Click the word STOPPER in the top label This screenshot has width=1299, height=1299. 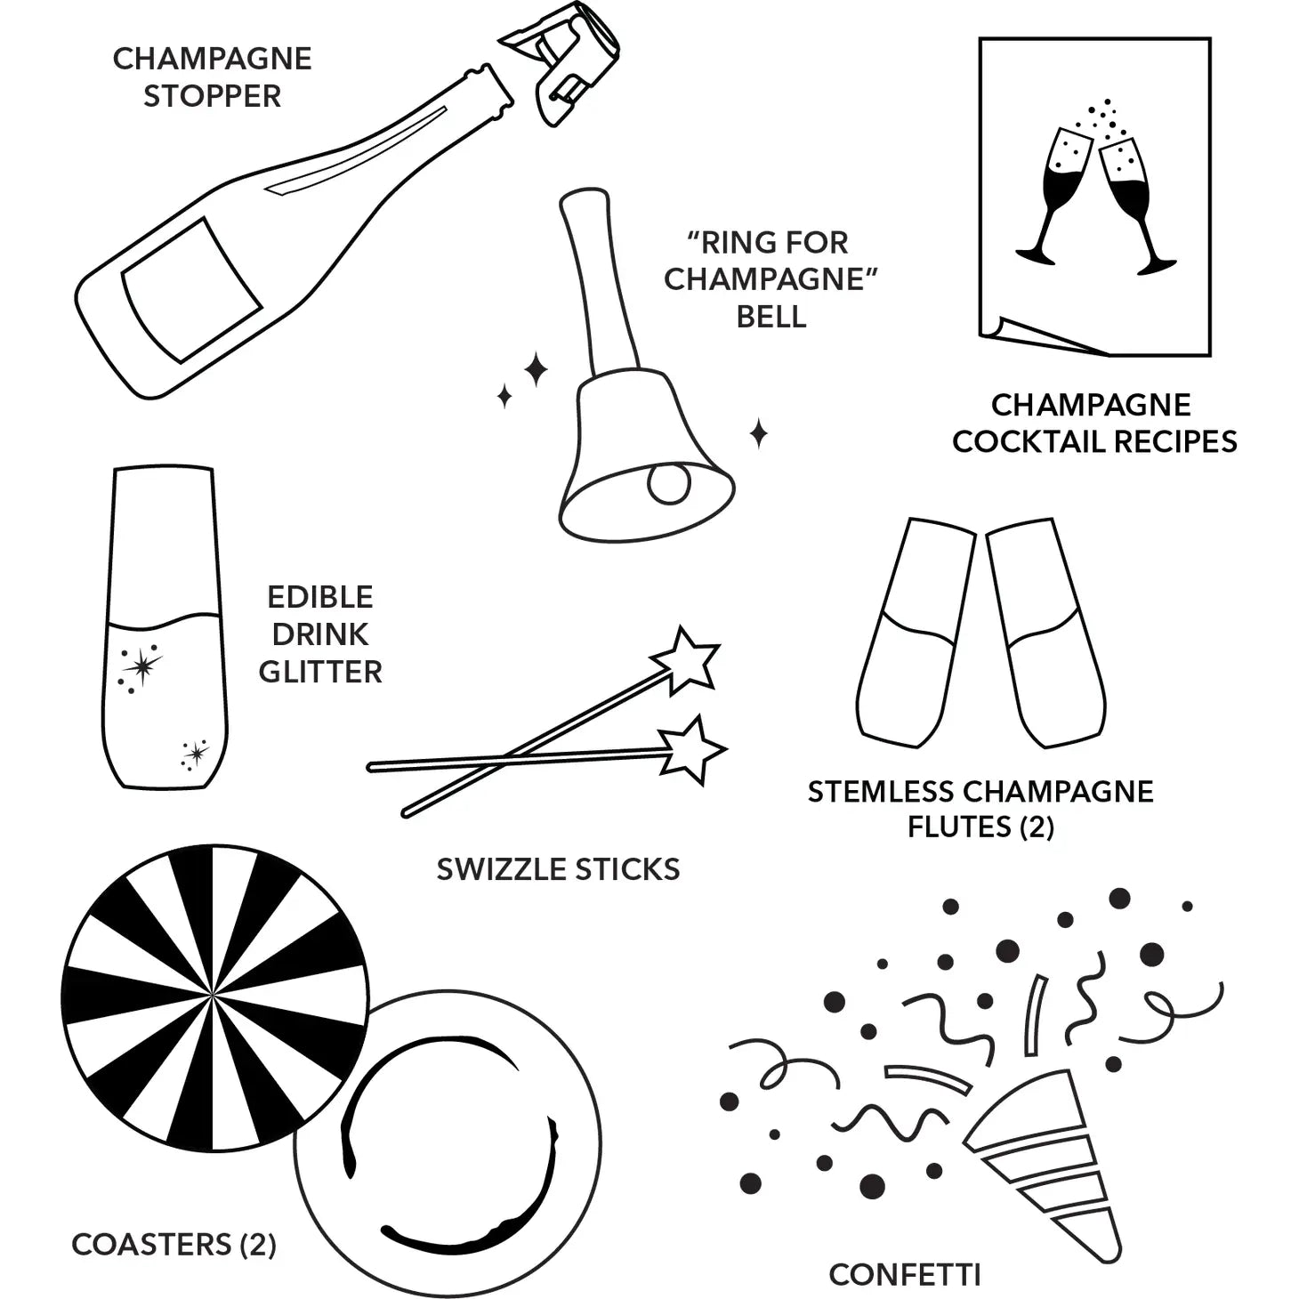point(212,96)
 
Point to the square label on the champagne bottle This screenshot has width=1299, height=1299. point(191,289)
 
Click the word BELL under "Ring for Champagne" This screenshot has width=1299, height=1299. point(771,317)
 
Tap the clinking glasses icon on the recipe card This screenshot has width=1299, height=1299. point(1094,196)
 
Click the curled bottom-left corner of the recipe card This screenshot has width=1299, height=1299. point(1001,331)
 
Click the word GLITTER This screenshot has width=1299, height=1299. point(320,672)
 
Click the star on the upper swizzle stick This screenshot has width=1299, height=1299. point(686,660)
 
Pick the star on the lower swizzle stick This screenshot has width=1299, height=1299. point(690,749)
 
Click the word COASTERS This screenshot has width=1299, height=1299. point(151,1245)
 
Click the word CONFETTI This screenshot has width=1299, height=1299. point(904,1275)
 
